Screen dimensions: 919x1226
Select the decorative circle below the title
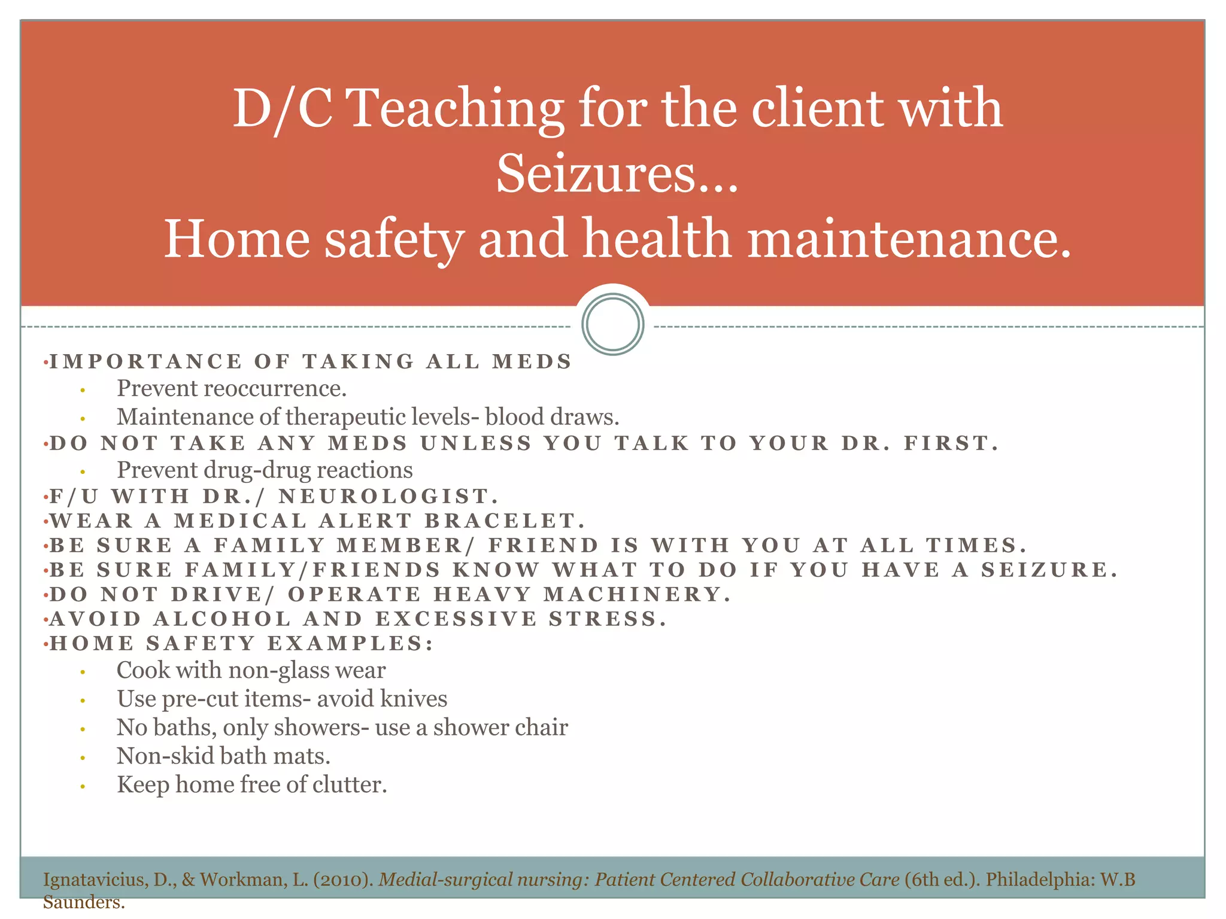pos(612,324)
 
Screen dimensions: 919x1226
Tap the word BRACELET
pos(505,521)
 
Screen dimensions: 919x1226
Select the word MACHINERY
pos(637,594)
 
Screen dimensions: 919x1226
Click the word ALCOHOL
pos(222,619)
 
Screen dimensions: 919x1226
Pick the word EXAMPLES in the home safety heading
pos(350,643)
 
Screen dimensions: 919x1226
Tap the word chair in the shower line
pos(543,728)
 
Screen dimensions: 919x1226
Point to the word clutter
pos(350,785)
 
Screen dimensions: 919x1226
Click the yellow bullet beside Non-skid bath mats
pos(83,758)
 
